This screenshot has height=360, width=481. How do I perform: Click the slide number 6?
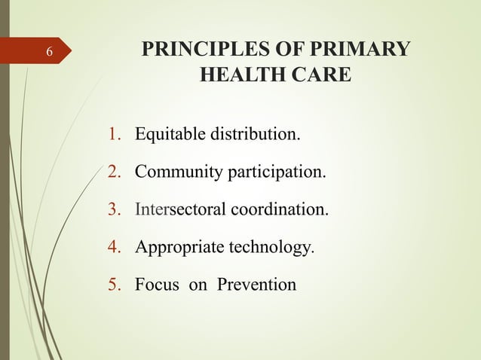point(49,53)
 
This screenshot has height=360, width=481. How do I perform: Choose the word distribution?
point(251,136)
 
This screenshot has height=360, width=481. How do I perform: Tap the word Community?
point(177,173)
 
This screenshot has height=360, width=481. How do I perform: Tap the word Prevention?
point(257,285)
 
